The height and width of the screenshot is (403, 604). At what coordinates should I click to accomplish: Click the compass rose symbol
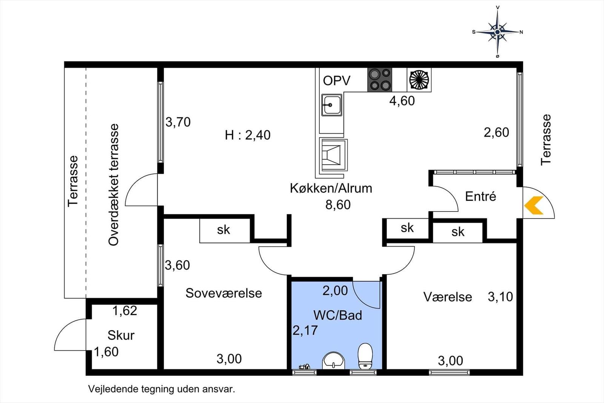pos(498,32)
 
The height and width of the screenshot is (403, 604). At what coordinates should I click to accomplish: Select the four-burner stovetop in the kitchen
pos(380,80)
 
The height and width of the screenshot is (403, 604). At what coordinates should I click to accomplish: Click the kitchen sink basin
pos(332,105)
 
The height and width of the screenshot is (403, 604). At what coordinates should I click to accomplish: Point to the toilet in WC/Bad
pos(365,356)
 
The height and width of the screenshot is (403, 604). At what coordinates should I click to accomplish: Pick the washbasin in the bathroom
pos(334,360)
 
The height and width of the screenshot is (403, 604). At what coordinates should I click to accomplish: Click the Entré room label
pos(481,196)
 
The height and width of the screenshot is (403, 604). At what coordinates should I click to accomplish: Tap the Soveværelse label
pos(223,293)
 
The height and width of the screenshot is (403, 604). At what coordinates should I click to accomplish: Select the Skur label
pos(121,335)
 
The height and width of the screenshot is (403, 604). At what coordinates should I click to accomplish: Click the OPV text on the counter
pos(336,80)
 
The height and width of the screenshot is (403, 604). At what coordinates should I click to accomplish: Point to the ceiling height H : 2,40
pos(248,135)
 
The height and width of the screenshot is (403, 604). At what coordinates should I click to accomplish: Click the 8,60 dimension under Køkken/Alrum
pos(338,205)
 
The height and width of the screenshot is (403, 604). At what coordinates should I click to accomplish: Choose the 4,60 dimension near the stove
pos(402,101)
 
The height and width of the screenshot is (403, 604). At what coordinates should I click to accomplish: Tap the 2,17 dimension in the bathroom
pos(305,330)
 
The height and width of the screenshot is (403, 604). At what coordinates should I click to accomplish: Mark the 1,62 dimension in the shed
pos(125,311)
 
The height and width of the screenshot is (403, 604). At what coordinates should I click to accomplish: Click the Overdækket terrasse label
pos(114,185)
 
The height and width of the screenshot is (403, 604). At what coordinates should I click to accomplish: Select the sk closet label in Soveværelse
pos(223,230)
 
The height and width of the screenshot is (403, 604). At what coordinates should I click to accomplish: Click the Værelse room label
pos(448,297)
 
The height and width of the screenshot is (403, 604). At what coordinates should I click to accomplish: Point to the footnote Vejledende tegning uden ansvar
pos(162,389)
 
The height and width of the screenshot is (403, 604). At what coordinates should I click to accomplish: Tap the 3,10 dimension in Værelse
pos(500,297)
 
